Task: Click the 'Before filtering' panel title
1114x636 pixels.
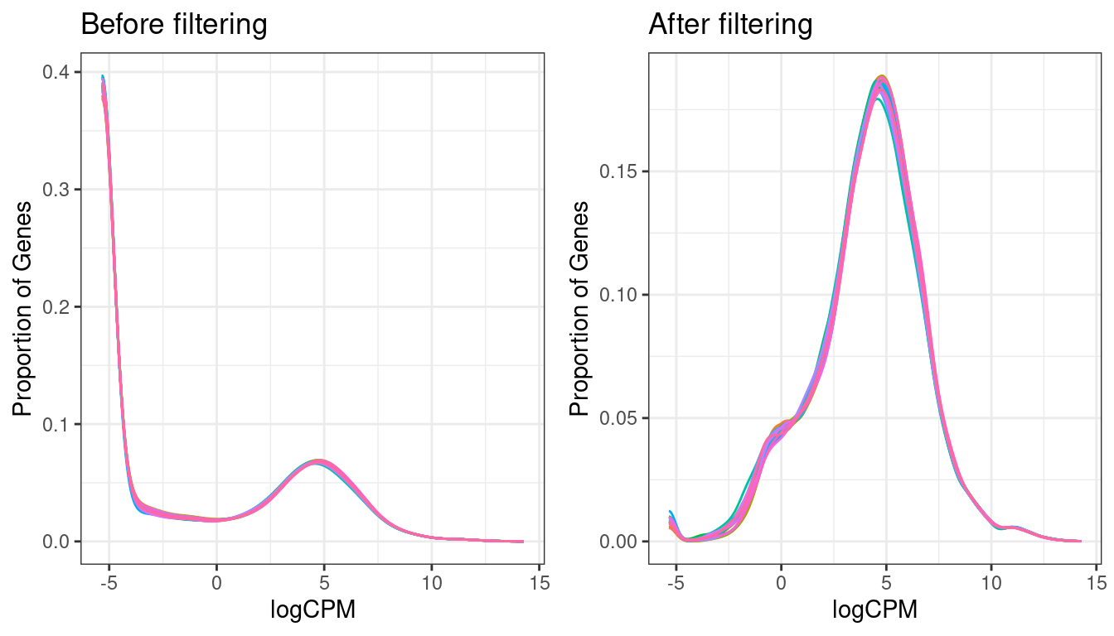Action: (x=174, y=25)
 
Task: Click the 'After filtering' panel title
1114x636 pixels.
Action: (x=730, y=25)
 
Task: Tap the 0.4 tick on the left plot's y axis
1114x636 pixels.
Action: (x=56, y=72)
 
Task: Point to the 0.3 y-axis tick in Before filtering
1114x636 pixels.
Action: (x=56, y=190)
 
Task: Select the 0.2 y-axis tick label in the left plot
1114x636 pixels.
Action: (x=56, y=307)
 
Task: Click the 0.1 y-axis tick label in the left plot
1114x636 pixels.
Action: (x=56, y=425)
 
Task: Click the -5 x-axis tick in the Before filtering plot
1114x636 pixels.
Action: (x=108, y=582)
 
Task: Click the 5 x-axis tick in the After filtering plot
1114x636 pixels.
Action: (x=886, y=582)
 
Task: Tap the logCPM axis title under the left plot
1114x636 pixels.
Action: (x=313, y=611)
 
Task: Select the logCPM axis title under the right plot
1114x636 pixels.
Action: (x=874, y=611)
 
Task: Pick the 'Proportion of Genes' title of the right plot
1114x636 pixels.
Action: (x=583, y=308)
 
